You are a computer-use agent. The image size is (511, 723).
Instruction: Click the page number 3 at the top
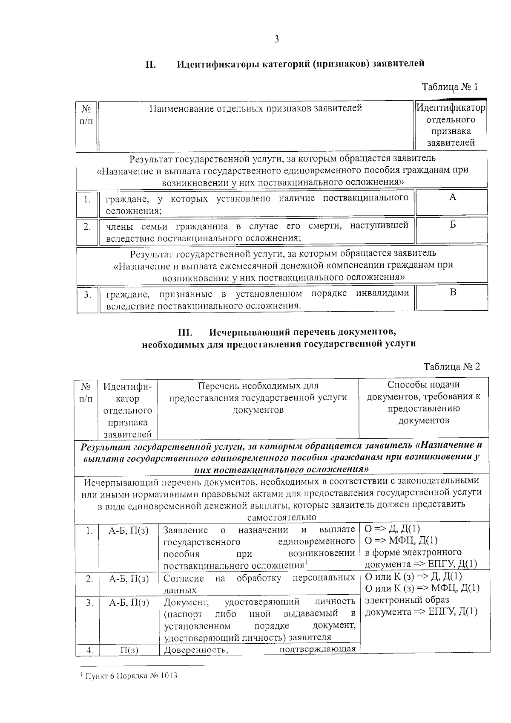276,40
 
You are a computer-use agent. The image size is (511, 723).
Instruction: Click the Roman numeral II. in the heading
151,64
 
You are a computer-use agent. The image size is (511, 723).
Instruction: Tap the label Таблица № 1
450,87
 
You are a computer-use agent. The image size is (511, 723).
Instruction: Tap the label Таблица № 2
451,367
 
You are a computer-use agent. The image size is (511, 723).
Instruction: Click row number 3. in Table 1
87,295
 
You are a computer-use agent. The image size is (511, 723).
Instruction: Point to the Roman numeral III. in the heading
186,332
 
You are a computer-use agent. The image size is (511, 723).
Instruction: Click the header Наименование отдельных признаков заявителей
255,109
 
